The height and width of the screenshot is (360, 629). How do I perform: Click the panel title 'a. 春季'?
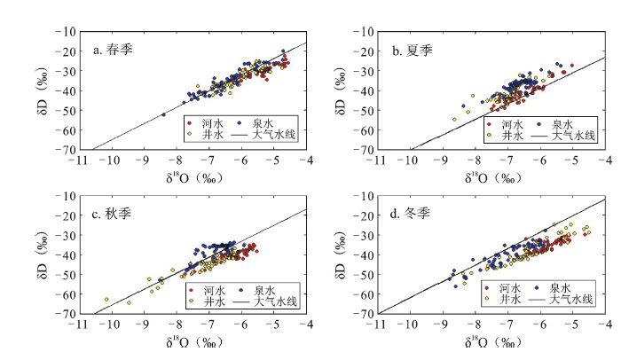click(x=114, y=50)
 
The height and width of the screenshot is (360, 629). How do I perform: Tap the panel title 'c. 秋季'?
click(x=114, y=215)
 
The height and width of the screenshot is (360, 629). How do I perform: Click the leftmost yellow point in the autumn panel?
click(x=106, y=300)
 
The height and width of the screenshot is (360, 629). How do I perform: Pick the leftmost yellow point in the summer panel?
click(x=454, y=120)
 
